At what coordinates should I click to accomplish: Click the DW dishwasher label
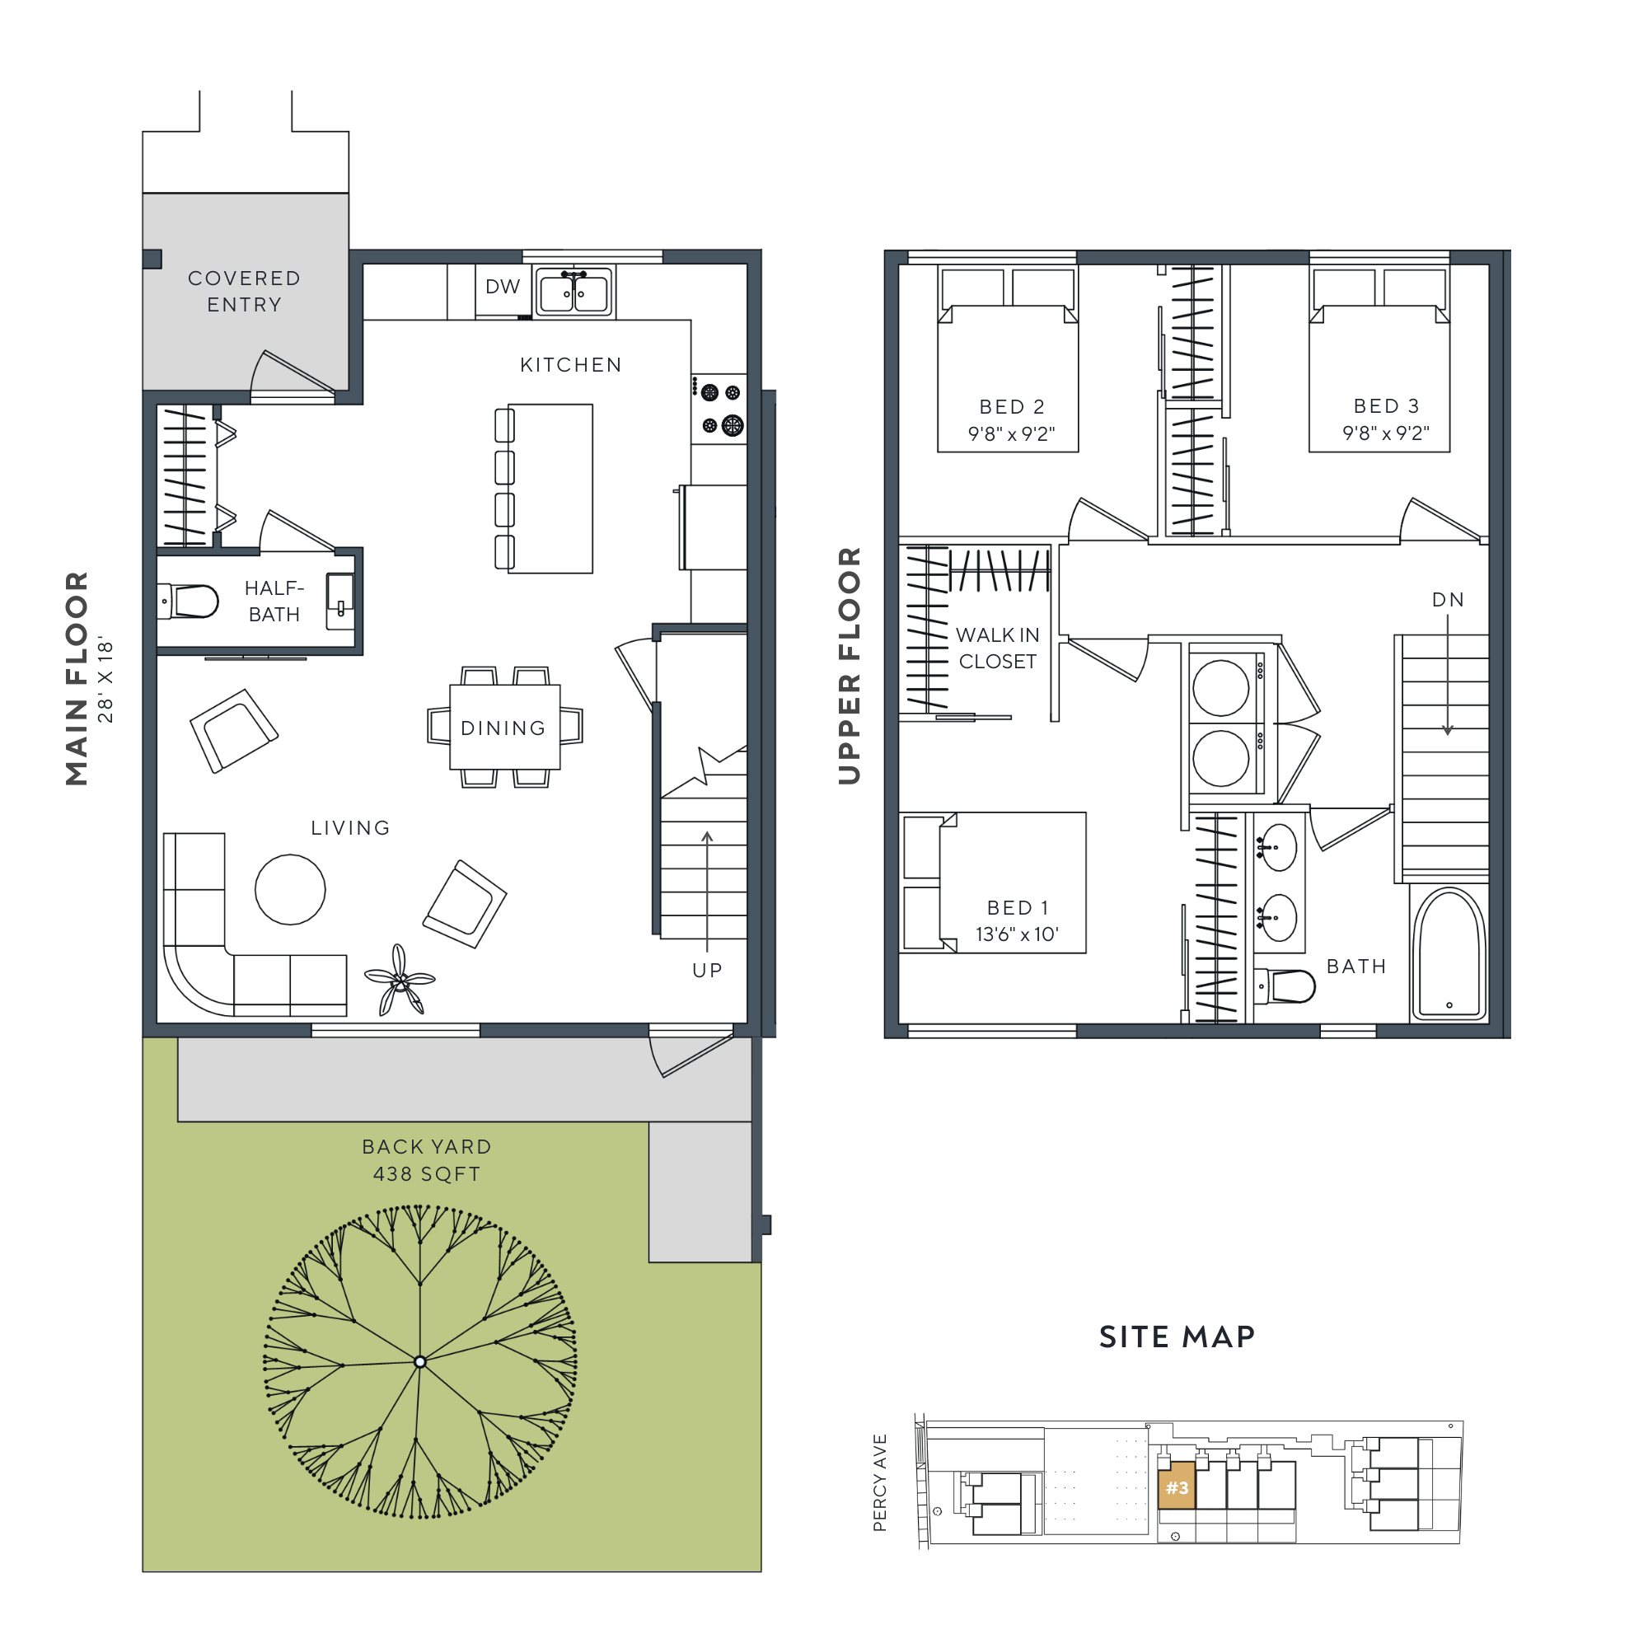pos(503,287)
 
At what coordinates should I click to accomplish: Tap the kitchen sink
pos(574,292)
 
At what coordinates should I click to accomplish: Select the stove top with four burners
pos(720,409)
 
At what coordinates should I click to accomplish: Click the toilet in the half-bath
pos(190,601)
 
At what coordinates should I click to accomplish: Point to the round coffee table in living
pos(290,889)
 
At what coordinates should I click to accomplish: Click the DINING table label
pos(503,728)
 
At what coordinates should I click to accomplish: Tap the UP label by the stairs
pos(707,970)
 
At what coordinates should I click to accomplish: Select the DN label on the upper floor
pos(1448,600)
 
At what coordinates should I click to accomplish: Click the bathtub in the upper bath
pos(1449,953)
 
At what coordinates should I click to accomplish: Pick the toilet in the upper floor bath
pos(1288,986)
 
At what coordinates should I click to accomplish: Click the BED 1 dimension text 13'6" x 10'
pos(1017,934)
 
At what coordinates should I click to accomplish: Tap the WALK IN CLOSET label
pos(997,648)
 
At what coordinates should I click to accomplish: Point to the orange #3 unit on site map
pos(1177,1487)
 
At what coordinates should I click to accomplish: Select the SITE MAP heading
pos(1177,1337)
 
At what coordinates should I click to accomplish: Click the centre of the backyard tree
pos(419,1361)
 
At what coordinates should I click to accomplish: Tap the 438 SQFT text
pos(427,1173)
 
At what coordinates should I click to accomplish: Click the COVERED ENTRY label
pos(244,291)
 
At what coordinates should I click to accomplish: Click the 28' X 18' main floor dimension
pos(105,679)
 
